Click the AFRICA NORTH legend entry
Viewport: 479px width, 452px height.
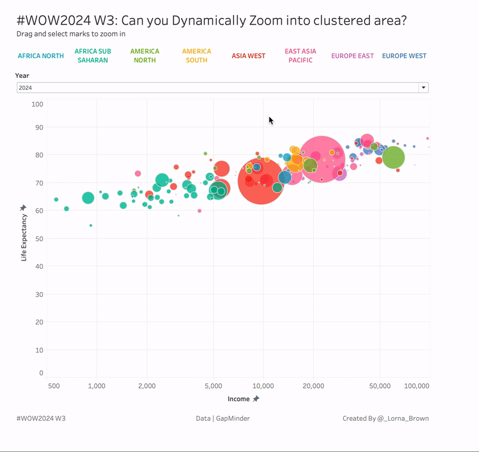coord(41,56)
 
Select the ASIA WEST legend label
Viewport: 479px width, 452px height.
coord(248,56)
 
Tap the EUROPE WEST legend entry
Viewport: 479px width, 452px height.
coord(404,56)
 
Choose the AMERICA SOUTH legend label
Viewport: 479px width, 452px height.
coord(196,56)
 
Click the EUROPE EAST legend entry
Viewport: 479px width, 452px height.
coord(353,56)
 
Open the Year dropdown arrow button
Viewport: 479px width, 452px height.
coord(424,87)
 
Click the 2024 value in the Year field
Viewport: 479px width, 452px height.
coord(25,87)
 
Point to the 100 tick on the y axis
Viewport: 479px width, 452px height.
coord(38,104)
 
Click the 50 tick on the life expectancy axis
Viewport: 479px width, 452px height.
coord(40,238)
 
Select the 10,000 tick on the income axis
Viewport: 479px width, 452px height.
coord(263,386)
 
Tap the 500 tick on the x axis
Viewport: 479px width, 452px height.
coord(54,386)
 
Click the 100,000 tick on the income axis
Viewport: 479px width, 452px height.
coord(417,386)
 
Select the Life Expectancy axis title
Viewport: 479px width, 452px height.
coord(25,237)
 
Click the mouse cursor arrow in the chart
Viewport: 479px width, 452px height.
coord(271,120)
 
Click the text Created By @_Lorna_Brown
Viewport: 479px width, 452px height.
coord(386,418)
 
